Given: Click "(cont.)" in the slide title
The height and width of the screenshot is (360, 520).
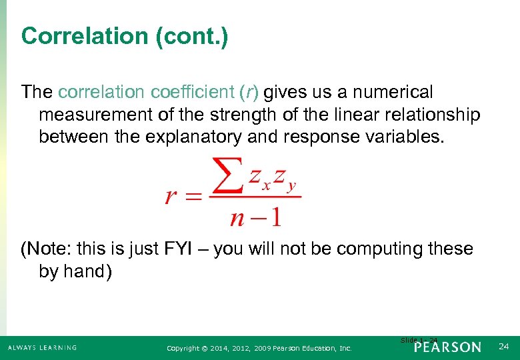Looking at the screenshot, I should click(191, 36).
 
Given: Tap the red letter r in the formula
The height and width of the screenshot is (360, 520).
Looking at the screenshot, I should click(171, 197).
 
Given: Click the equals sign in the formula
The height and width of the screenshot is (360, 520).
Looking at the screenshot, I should click(193, 198).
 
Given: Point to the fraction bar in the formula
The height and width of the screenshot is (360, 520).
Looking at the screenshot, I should click(255, 196).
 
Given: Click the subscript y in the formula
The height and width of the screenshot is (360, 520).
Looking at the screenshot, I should click(291, 187).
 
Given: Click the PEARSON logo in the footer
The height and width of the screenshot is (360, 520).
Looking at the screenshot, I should click(447, 347).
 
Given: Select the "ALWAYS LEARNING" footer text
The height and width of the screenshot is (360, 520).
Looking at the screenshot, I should click(41, 347).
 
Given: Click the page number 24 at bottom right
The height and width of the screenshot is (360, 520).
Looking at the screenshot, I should click(503, 347).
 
